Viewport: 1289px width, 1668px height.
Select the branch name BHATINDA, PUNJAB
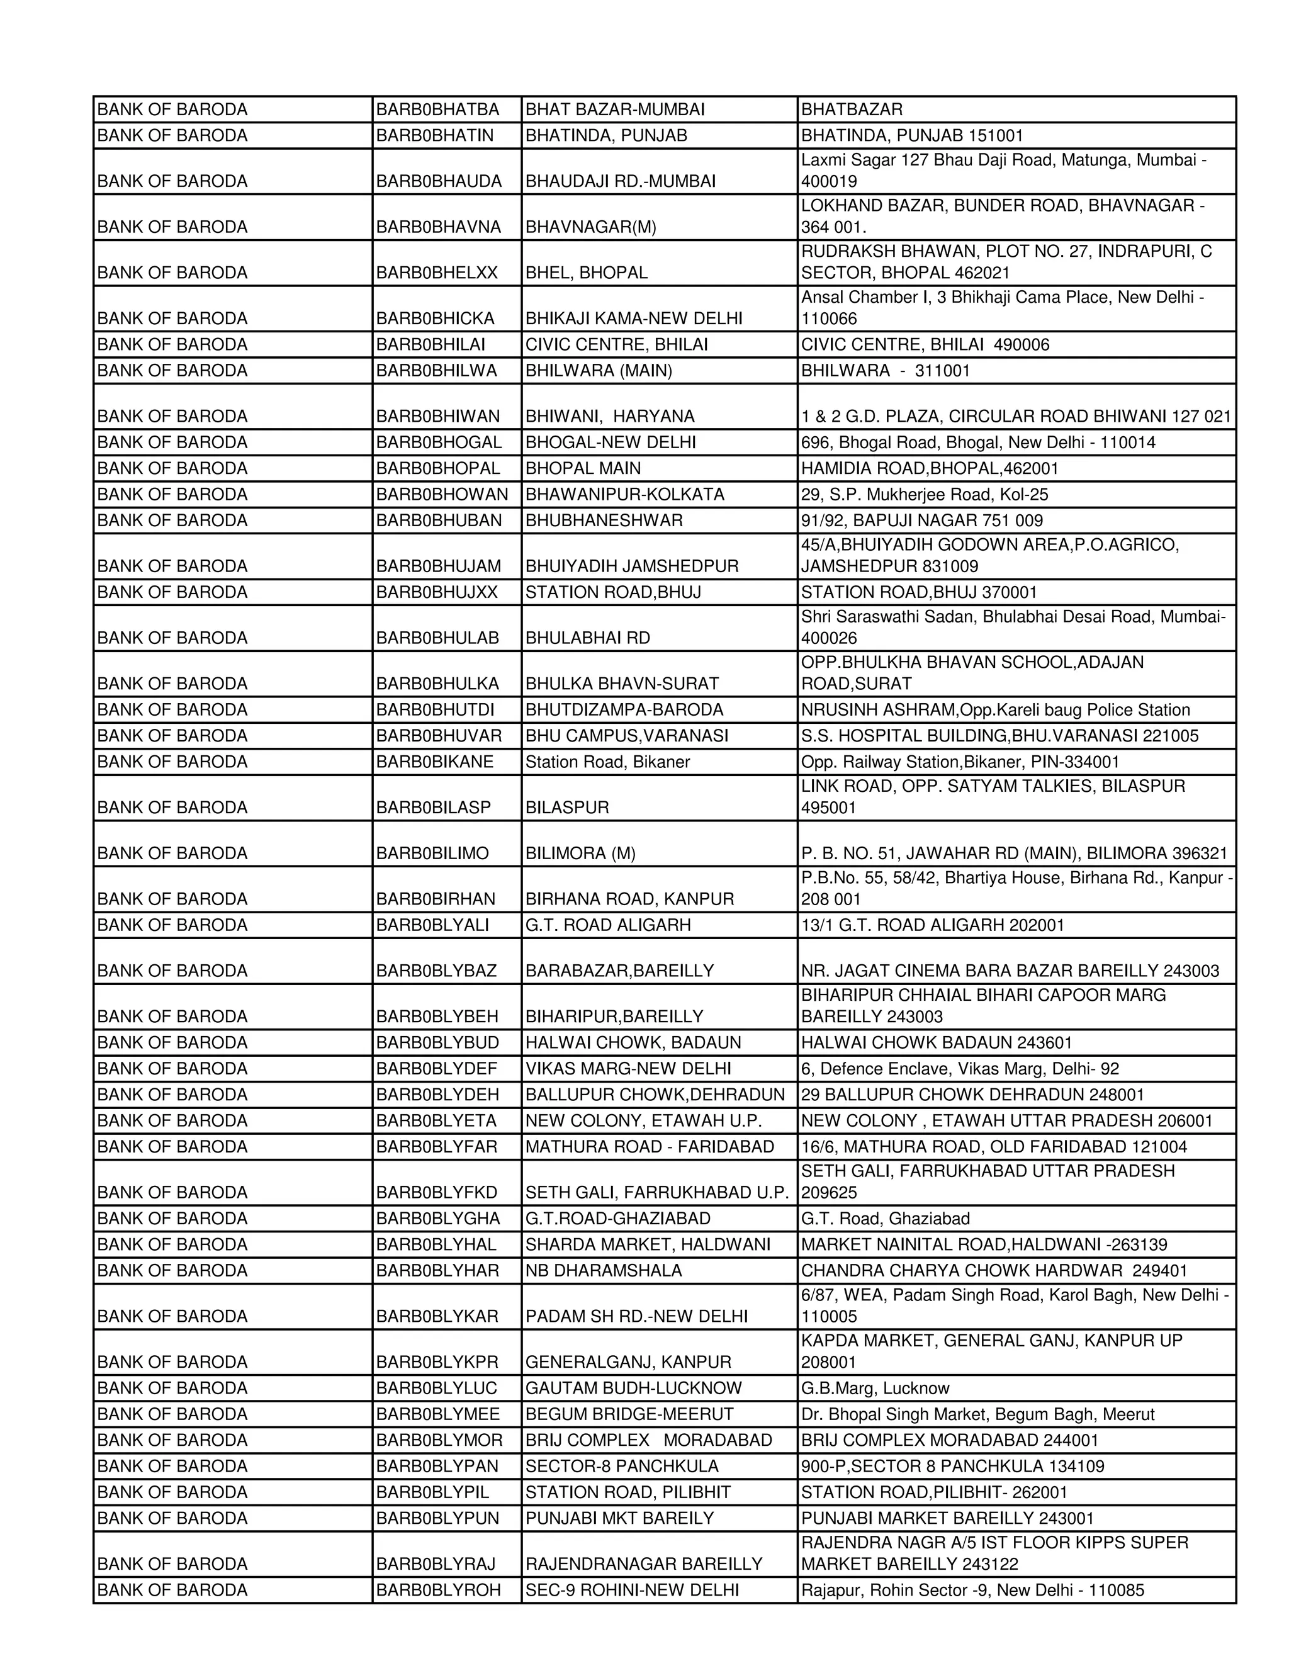606,135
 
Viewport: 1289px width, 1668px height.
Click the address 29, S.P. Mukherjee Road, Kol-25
924,494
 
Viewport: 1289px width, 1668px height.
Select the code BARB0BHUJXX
436,592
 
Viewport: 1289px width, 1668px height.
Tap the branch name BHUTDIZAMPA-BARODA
624,709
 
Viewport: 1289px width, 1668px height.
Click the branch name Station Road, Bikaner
607,762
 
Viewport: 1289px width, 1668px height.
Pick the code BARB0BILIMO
432,853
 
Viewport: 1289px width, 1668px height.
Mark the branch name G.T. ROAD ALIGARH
608,925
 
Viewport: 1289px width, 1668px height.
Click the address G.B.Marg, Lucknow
875,1388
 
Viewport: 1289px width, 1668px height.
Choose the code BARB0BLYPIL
432,1492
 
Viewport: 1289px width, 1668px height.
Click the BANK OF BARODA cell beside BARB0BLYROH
172,1589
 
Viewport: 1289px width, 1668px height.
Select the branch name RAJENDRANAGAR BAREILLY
644,1564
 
